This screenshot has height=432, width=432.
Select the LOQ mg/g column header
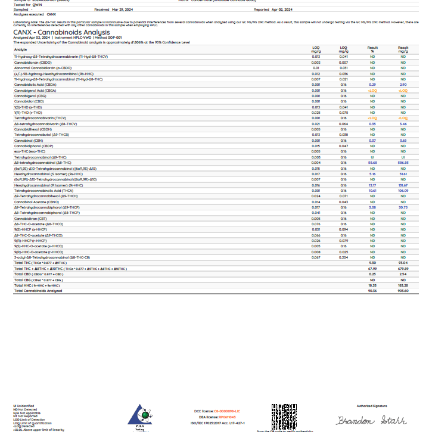tap(344, 49)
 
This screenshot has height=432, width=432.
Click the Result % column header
tap(372, 49)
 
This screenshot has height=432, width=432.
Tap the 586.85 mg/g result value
tap(403, 162)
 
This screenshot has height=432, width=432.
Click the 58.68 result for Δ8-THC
tap(372, 162)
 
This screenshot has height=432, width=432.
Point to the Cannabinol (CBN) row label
tap(29, 141)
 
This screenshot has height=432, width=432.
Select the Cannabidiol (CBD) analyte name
tap(28, 101)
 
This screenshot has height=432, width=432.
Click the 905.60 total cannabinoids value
tap(403, 291)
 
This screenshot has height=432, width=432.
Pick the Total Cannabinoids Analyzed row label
tap(38, 291)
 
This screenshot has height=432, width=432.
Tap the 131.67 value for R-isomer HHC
tap(403, 185)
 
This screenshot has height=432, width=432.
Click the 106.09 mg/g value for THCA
tap(403, 191)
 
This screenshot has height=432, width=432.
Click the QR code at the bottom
tap(284, 416)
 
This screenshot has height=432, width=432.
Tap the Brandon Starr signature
tap(371, 421)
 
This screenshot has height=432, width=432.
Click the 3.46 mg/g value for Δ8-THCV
tap(403, 124)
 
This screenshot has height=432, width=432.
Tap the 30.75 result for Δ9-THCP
tap(403, 207)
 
